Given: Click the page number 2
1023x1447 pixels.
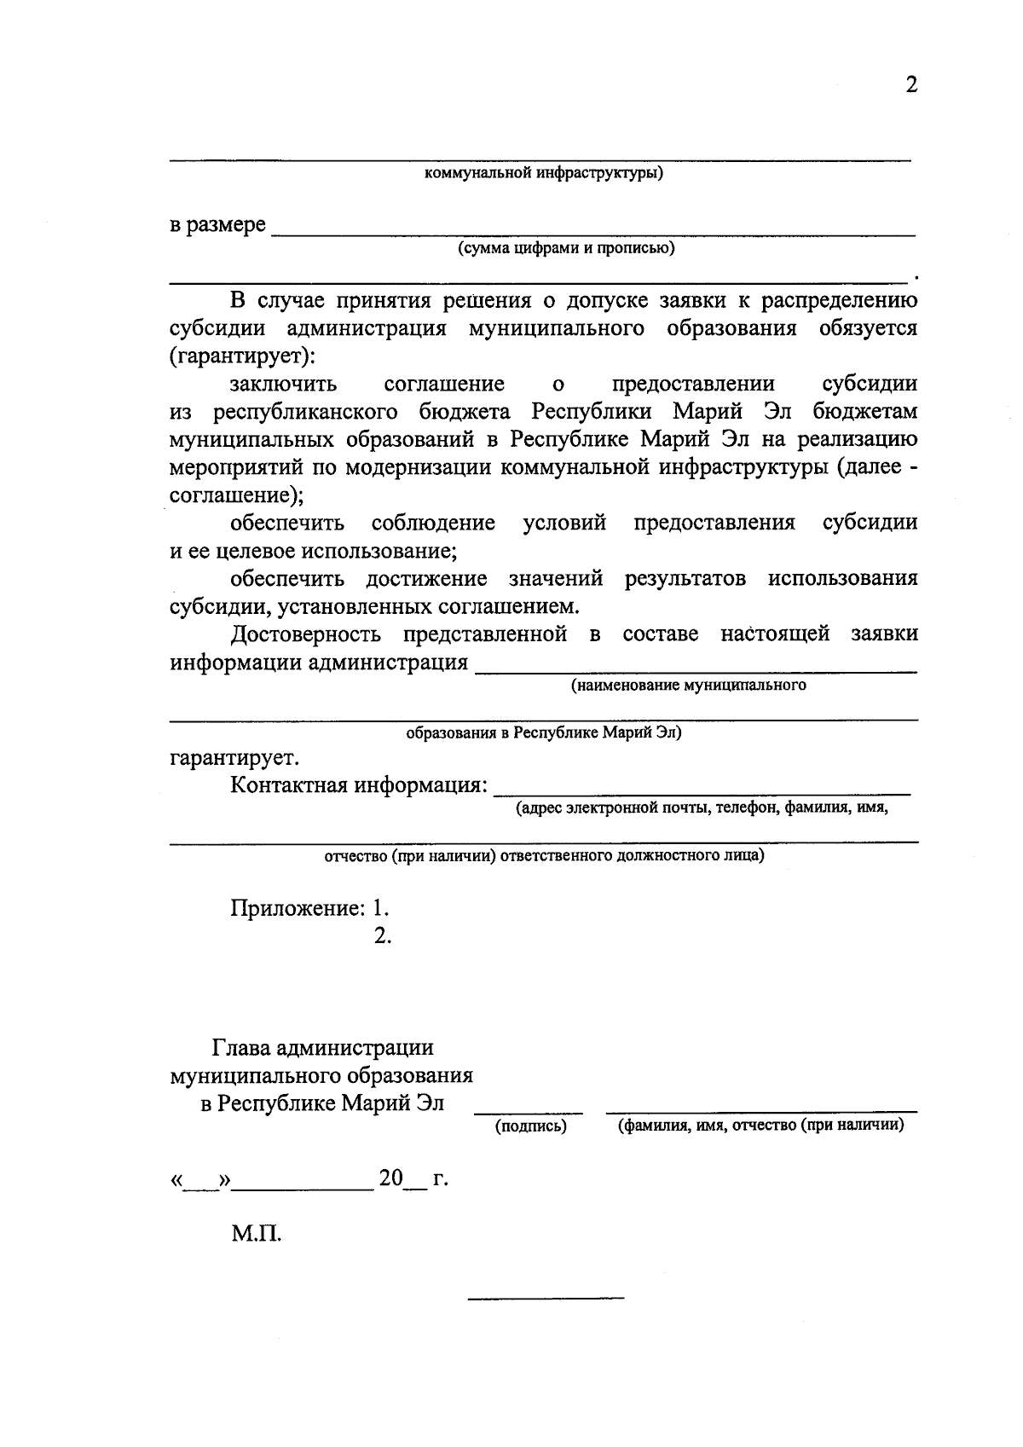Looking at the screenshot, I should pos(911,85).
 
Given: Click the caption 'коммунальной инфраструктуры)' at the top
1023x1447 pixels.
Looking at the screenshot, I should pos(544,174).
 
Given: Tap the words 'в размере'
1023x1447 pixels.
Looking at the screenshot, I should pos(217,226).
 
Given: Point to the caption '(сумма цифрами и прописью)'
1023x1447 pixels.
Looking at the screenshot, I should pos(566,248).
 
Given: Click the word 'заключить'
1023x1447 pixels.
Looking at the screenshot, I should pos(283,384).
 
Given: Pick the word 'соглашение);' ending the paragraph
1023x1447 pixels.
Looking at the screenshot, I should pos(237,495).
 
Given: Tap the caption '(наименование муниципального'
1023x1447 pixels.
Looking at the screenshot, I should pos(689,685).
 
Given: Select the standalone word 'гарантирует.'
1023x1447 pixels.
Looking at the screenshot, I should pos(234,757).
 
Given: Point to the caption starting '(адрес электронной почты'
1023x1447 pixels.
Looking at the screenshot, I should pos(702,808).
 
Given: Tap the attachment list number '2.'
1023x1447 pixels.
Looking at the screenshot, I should pos(382,935).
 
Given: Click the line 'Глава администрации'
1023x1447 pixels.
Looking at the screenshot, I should pos(322,1047).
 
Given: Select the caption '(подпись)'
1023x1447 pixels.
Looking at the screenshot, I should pos(530,1126).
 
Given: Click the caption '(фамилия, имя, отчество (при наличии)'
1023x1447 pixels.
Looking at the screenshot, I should pos(760,1126).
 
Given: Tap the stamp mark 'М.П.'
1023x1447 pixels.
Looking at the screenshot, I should pos(256,1233).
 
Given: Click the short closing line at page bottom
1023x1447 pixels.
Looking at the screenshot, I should pos(546,1299).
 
